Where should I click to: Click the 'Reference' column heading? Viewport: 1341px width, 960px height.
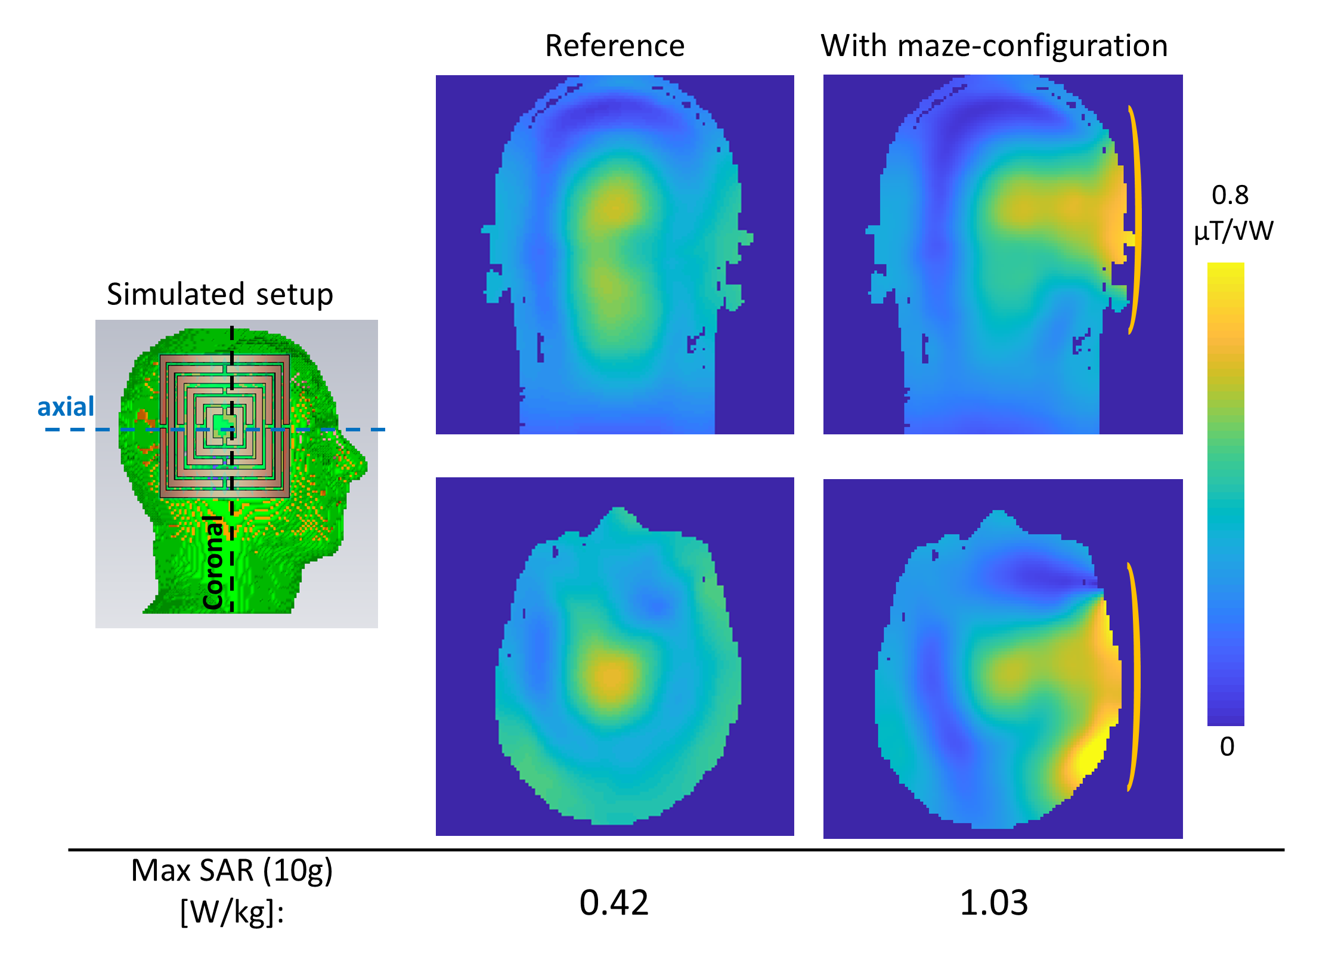(615, 46)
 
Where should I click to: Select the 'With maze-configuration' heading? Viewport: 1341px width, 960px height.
(994, 47)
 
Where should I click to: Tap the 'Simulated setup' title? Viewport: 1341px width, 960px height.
(220, 295)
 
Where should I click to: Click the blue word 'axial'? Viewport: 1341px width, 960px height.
(66, 407)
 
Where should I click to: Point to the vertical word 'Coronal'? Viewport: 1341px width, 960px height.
(213, 562)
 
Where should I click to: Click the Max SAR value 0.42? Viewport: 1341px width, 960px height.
(614, 903)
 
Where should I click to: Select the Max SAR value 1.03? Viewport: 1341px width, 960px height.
(994, 903)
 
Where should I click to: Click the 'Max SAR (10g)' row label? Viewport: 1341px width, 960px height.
(232, 871)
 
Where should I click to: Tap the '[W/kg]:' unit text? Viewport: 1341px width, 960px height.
(232, 912)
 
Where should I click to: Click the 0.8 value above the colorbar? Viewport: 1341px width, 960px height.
(1230, 195)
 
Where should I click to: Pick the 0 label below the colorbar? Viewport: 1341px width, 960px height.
(1227, 746)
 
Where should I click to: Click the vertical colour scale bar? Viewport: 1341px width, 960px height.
(1226, 494)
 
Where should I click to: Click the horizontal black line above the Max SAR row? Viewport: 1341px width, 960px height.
(676, 850)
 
